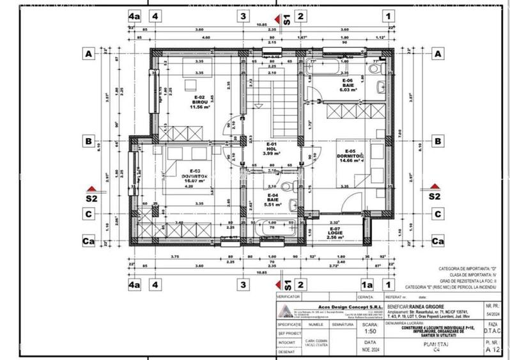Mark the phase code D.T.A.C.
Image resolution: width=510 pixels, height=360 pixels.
point(492,332)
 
